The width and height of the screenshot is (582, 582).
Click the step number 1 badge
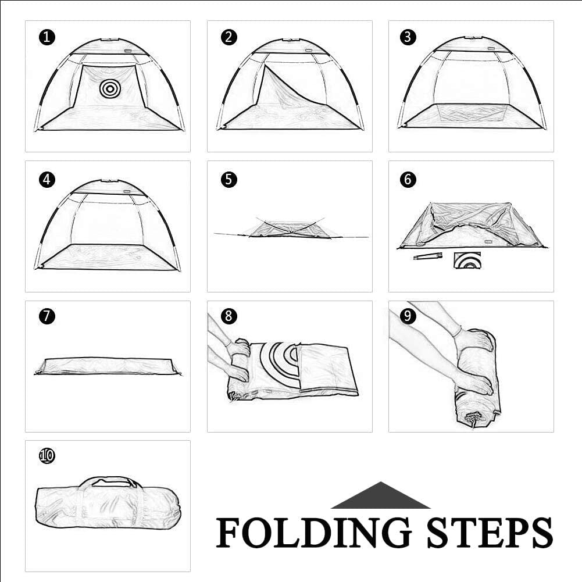(47, 37)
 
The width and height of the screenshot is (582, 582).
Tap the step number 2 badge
(228, 37)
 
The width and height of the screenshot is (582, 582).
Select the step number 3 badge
(408, 37)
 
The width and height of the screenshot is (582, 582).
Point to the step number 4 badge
(47, 180)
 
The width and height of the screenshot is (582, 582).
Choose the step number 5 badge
(228, 180)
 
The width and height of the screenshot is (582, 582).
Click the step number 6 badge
(408, 180)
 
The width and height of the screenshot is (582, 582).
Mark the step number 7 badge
(47, 316)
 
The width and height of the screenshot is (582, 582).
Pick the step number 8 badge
(228, 316)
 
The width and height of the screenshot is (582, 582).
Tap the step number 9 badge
(408, 316)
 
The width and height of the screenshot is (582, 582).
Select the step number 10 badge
(47, 456)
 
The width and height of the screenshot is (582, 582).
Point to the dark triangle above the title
(381, 495)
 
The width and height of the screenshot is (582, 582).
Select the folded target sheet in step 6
(467, 260)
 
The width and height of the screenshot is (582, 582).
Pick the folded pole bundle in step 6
(428, 256)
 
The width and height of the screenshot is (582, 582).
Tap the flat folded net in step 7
(108, 366)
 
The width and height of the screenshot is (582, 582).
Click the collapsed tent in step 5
(291, 228)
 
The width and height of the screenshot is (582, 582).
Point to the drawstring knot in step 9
(472, 417)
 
